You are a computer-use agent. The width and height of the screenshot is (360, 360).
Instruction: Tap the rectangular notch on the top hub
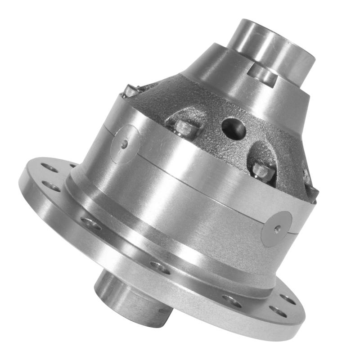[x=263, y=75]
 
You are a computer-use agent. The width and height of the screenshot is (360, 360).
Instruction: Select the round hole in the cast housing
[x=234, y=128]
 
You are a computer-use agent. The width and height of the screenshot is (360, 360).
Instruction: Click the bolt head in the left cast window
[x=186, y=128]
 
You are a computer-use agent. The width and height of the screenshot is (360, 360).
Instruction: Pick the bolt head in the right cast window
[x=262, y=171]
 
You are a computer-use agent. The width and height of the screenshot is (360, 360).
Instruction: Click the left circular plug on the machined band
[x=126, y=144]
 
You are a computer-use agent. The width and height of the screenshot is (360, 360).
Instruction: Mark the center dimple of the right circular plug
[x=276, y=229]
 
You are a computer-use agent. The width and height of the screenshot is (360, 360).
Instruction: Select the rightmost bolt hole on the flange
[x=286, y=298]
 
